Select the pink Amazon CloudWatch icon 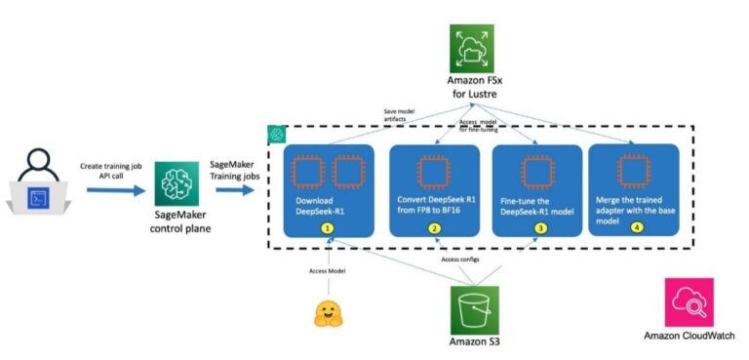(x=689, y=302)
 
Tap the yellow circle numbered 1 (x=328, y=227)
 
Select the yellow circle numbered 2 (x=434, y=227)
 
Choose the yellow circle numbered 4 (x=636, y=227)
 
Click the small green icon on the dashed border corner (x=276, y=133)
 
